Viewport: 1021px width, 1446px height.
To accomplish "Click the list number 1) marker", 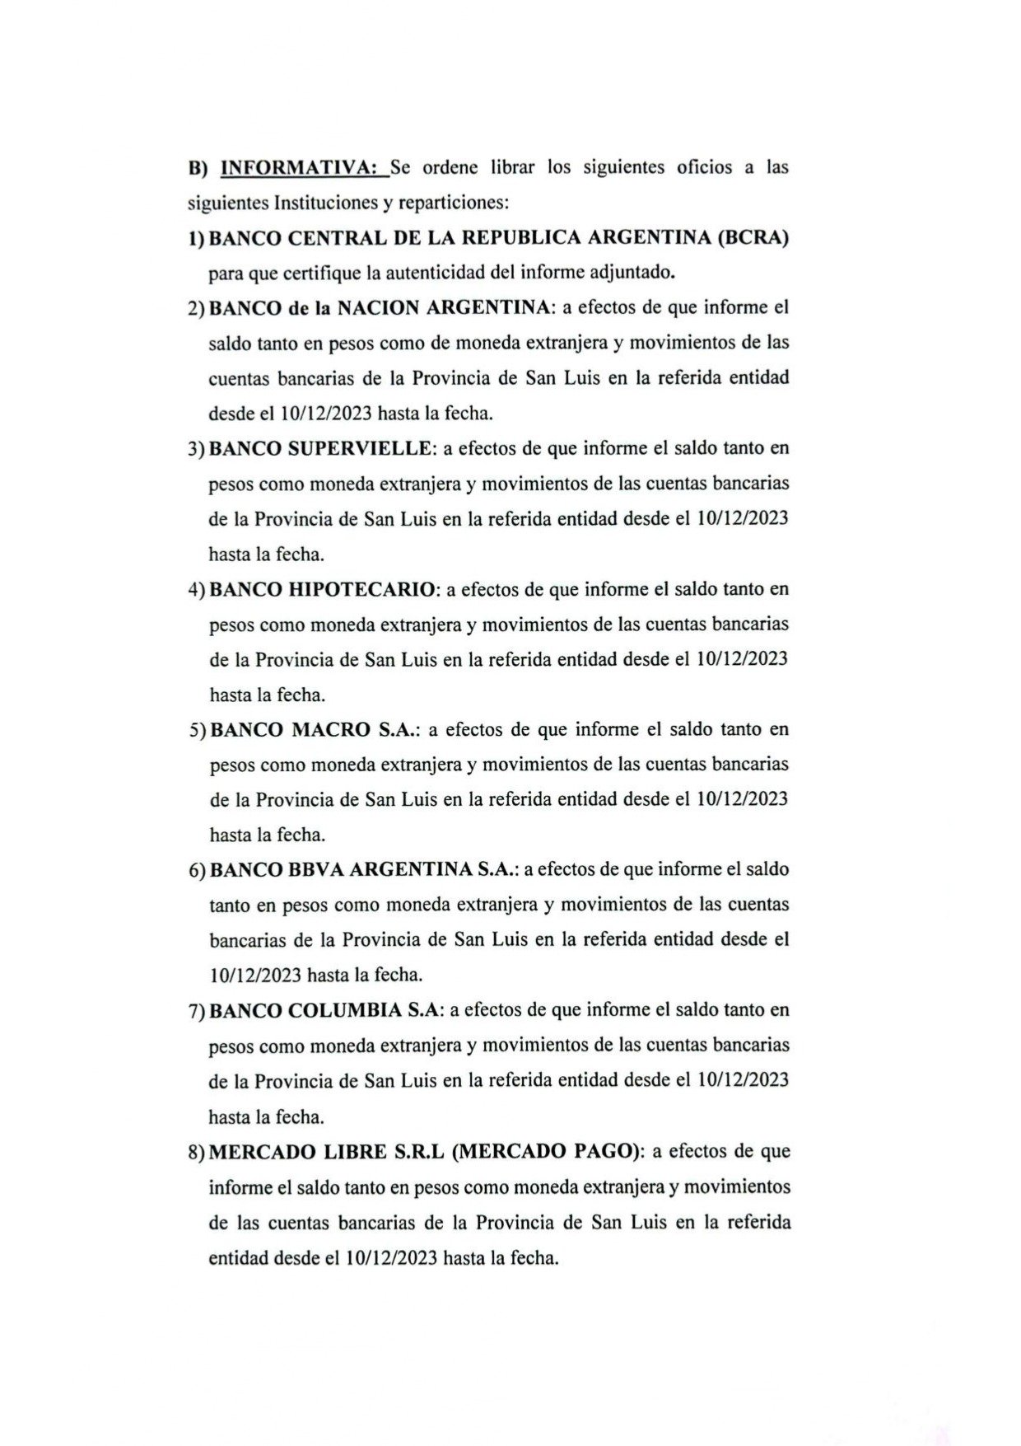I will coord(196,239).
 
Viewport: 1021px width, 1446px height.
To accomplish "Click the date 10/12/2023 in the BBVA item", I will coord(254,976).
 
